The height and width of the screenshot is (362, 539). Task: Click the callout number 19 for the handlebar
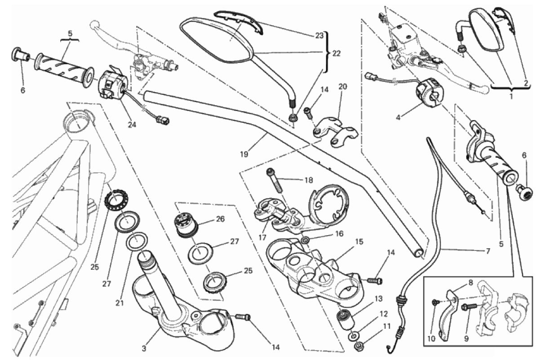(244, 154)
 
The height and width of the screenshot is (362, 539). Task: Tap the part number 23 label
(319, 36)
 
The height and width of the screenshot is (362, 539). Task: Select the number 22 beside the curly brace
(336, 54)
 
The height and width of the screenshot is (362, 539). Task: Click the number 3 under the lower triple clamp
(144, 349)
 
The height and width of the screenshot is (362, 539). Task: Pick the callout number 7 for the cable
(488, 251)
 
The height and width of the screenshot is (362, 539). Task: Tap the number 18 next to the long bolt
(308, 180)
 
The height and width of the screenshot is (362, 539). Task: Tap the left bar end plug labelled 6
(20, 55)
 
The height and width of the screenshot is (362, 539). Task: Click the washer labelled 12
(354, 335)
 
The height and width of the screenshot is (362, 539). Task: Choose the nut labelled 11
(359, 345)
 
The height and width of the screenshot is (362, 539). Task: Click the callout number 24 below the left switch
(132, 125)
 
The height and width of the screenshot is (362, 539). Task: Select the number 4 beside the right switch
(398, 117)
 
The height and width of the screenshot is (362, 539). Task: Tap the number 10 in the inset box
(432, 339)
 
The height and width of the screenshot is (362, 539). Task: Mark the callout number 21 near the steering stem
(119, 304)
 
